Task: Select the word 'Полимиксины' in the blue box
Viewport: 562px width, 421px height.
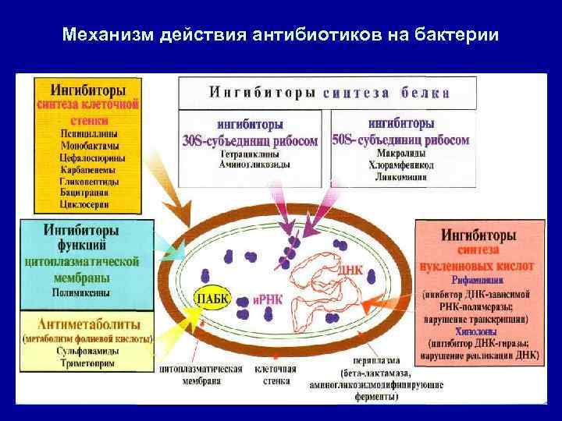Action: coord(82,292)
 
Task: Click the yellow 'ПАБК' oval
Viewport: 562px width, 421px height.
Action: coord(212,299)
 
